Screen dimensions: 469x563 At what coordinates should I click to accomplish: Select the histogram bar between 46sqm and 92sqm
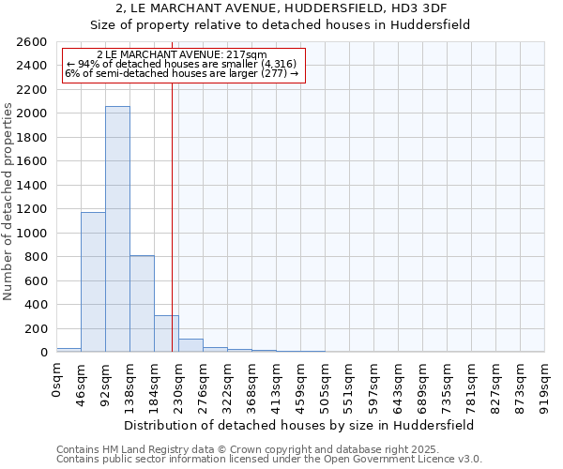pos(93,281)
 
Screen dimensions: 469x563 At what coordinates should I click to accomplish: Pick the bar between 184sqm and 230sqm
pos(166,334)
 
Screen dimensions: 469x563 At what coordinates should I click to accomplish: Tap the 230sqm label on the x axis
pos(178,383)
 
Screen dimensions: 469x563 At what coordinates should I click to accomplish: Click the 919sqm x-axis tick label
pos(544,383)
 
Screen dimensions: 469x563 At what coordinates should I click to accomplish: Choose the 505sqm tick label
pos(325,383)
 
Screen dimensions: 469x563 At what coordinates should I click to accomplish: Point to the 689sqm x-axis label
pos(422,383)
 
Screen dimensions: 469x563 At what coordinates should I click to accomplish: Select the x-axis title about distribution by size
pos(299,425)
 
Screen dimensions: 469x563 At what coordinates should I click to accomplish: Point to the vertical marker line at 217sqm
pos(172,216)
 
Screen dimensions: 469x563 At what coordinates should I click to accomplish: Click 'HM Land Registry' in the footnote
pos(135,450)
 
